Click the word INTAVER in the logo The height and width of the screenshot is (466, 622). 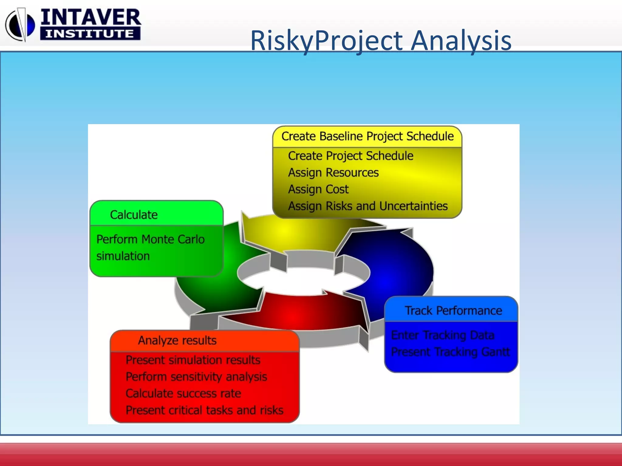[x=91, y=17]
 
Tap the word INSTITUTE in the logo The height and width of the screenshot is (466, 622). [x=90, y=33]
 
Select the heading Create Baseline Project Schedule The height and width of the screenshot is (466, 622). [x=367, y=136]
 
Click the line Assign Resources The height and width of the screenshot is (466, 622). [x=333, y=173]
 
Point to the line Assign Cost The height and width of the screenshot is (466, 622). [x=318, y=189]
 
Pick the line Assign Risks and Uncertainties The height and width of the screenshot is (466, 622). [x=367, y=206]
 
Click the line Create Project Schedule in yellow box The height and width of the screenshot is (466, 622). [x=350, y=156]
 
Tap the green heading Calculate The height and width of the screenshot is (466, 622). [x=134, y=215]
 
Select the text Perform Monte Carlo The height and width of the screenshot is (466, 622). [x=150, y=239]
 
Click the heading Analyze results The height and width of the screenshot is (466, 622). [x=177, y=340]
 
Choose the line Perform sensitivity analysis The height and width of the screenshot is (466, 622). [x=196, y=377]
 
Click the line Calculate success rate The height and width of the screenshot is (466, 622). [x=183, y=393]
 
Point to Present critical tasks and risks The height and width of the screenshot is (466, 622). [x=204, y=410]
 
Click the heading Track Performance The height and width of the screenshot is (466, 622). [x=453, y=311]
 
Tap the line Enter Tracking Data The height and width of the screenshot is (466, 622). [x=443, y=335]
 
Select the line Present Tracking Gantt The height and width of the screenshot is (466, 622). [x=450, y=352]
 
